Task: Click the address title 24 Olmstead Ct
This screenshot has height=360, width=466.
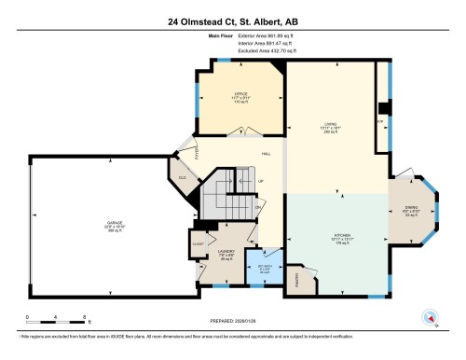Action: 233,22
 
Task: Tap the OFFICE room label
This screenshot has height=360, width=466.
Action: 239,94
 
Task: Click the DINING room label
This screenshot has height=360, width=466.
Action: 412,211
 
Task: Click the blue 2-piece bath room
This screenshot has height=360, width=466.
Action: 264,271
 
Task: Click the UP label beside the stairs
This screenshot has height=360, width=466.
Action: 260,181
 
